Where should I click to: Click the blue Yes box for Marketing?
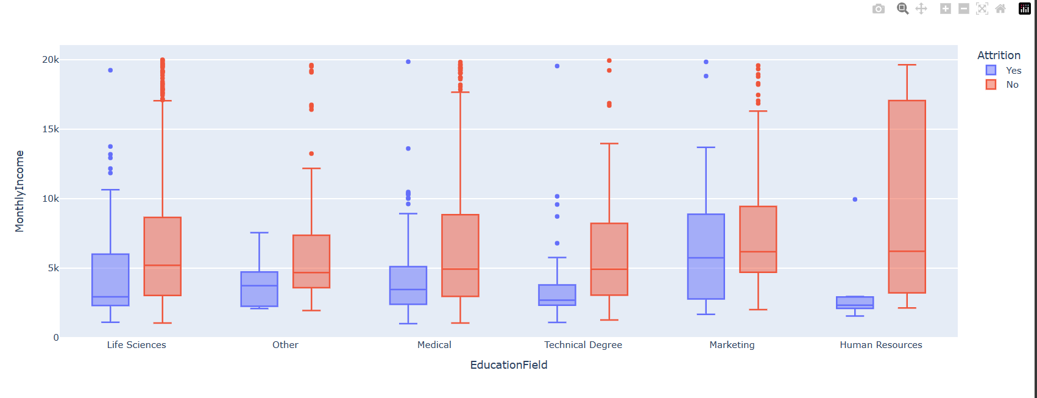coord(706,256)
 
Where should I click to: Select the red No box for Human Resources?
coord(907,196)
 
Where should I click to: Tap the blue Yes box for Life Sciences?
coord(110,279)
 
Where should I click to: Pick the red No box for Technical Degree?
coord(609,259)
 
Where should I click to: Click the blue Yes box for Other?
coord(259,289)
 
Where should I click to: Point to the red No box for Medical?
coord(460,255)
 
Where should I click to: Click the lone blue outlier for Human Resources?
coord(855,199)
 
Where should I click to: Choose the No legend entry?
coord(1012,85)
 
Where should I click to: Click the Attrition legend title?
coord(999,55)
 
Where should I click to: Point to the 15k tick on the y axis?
coord(51,129)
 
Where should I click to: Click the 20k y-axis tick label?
coord(51,60)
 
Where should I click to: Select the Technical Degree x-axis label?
coord(583,345)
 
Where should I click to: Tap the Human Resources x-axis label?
coord(880,345)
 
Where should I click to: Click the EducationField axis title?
coord(509,365)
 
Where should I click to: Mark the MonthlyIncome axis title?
coord(19,191)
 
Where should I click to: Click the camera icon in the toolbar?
coord(878,9)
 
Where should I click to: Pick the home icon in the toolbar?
coord(1000,9)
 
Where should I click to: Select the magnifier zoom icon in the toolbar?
coord(902,9)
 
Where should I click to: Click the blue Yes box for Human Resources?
coord(855,302)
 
